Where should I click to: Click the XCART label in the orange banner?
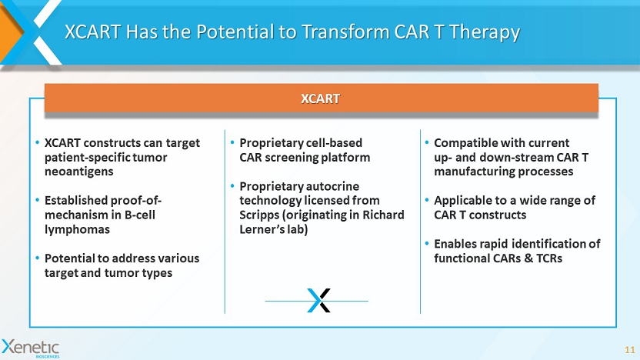[321, 98]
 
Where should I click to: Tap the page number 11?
[630, 350]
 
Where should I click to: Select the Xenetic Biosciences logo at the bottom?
[31, 348]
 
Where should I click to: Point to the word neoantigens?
[78, 172]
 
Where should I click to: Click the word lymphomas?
[77, 229]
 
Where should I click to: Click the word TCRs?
[549, 258]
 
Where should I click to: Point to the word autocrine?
[332, 186]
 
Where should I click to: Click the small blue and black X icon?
[318, 301]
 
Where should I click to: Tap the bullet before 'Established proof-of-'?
[37, 201]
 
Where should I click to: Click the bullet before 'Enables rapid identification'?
[427, 244]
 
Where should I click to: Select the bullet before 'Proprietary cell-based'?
[232, 143]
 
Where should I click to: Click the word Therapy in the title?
[485, 32]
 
